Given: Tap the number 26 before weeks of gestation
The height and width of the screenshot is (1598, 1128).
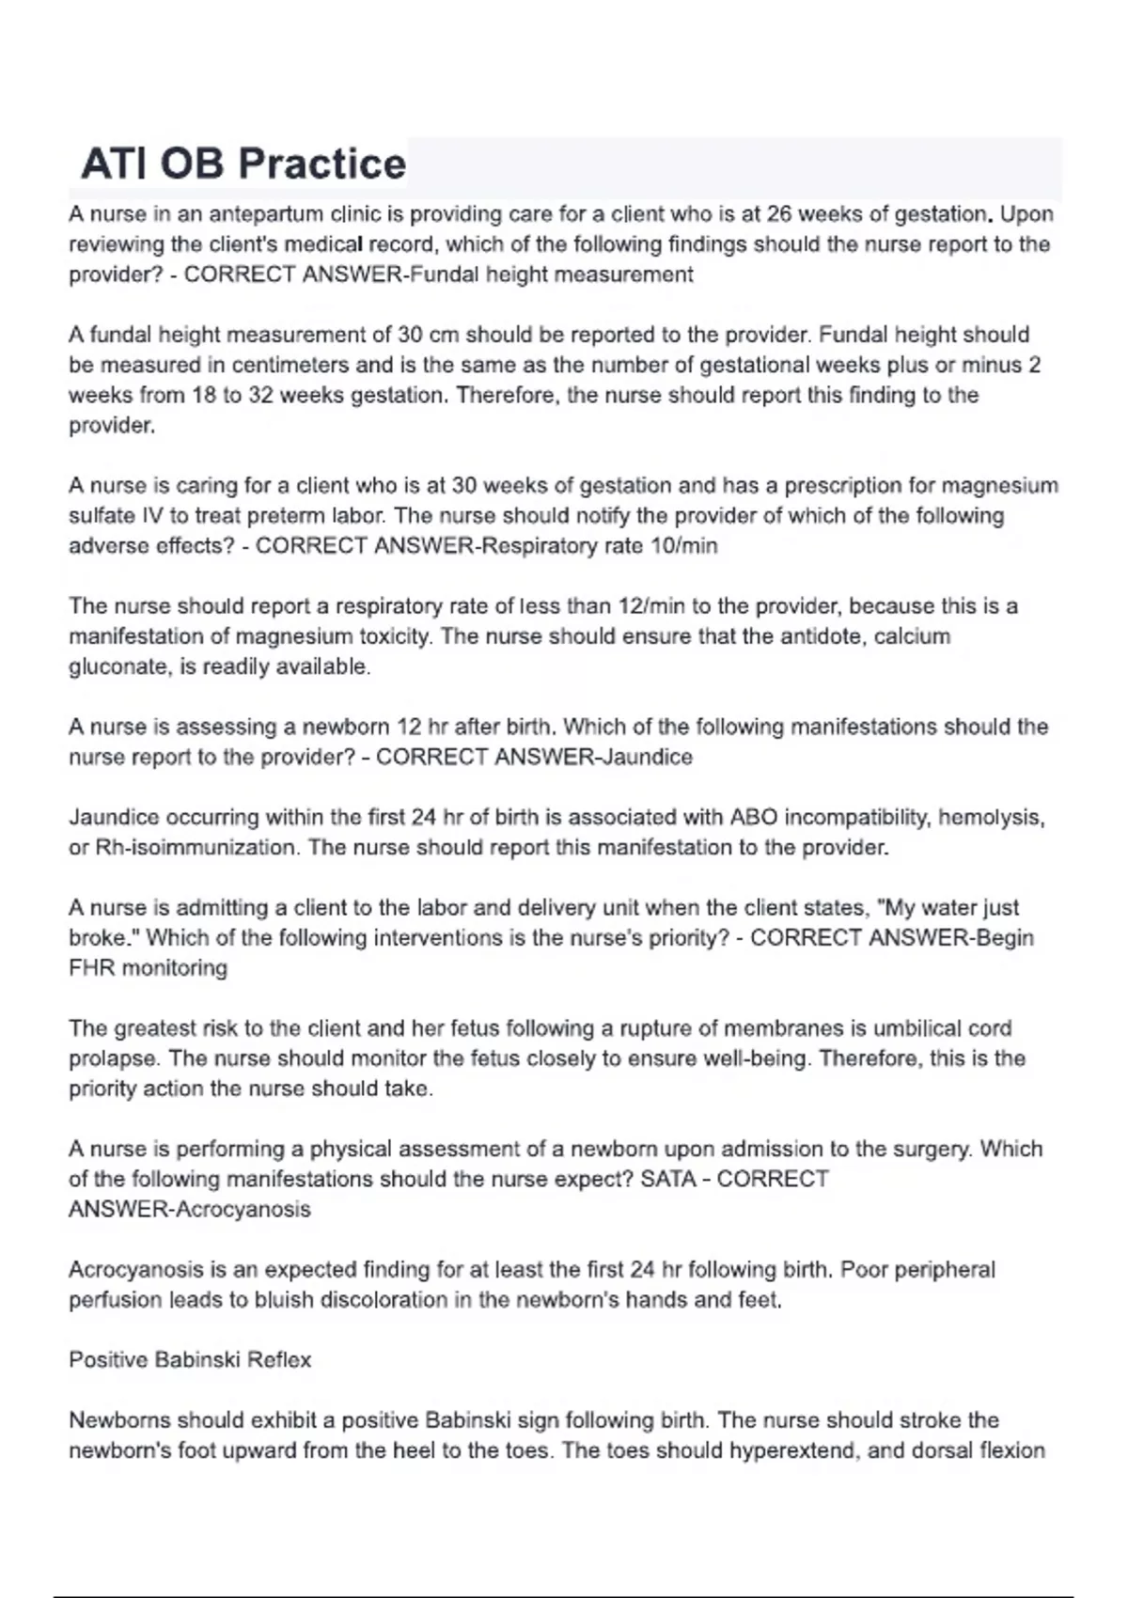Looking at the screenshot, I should click(779, 214).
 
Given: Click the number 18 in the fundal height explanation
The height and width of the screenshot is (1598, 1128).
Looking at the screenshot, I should click(204, 395).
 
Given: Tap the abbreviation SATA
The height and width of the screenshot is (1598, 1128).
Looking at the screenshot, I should click(666, 1179).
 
